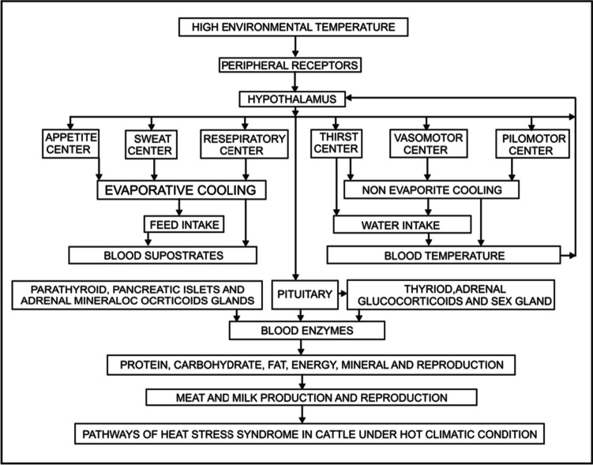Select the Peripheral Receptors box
click(x=294, y=64)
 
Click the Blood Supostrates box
click(x=162, y=255)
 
